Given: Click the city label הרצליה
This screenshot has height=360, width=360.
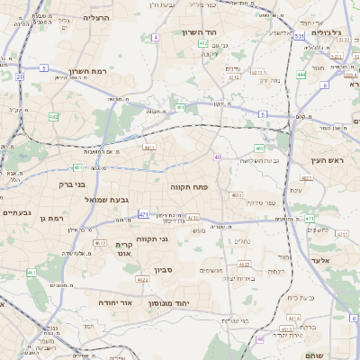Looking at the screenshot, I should pyautogui.click(x=94, y=17).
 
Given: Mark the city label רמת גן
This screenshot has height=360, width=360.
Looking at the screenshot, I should pyautogui.click(x=56, y=219).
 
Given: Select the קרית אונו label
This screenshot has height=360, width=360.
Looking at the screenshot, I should pyautogui.click(x=124, y=249).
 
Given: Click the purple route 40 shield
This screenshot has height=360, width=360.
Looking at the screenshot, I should pyautogui.click(x=218, y=157).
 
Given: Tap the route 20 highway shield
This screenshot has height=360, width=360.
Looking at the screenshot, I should pyautogui.click(x=20, y=76).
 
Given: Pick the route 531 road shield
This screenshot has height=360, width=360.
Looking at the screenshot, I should pyautogui.click(x=297, y=37).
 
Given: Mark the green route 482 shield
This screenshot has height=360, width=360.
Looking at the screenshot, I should pyautogui.click(x=53, y=116).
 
